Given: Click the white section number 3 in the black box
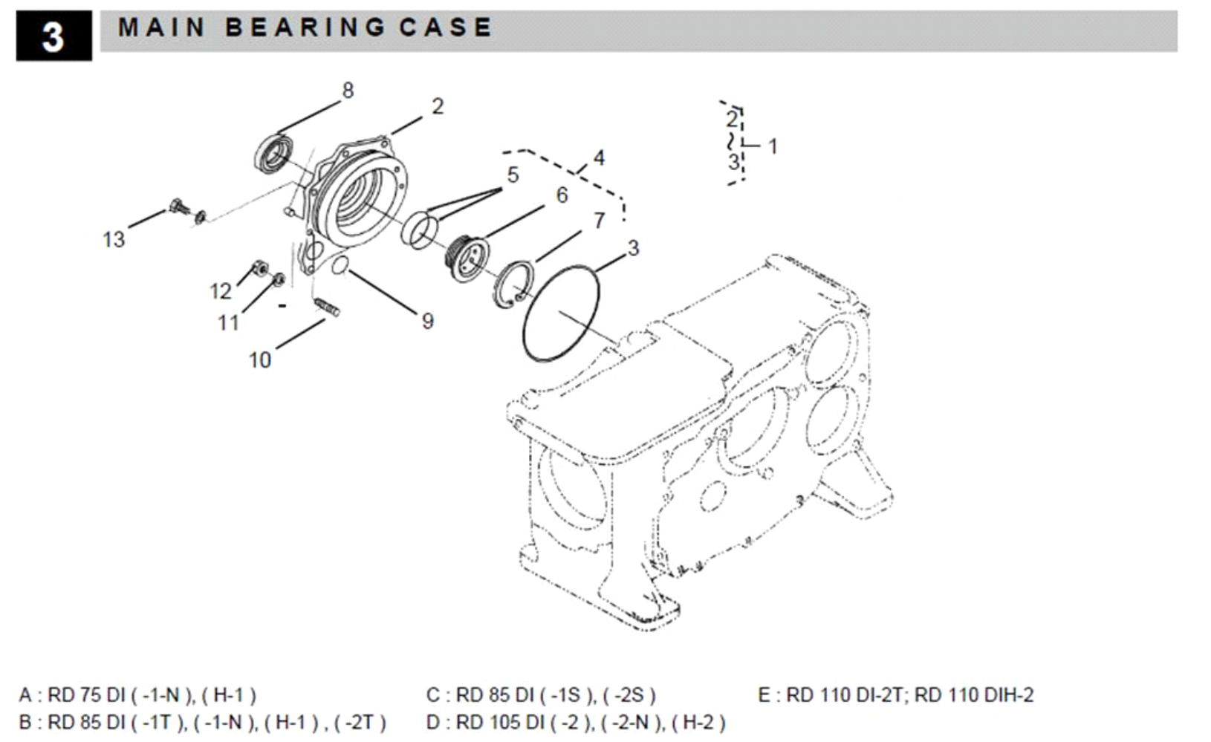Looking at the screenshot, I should click(53, 36).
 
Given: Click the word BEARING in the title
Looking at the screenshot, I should click(305, 27).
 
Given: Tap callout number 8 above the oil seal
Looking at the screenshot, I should click(348, 91).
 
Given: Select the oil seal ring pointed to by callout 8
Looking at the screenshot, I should click(273, 154).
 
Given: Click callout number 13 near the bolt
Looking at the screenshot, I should click(114, 239).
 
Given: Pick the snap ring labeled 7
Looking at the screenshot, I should click(513, 284).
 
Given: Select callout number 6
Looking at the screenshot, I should click(562, 195).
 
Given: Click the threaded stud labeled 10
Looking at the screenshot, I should click(327, 306).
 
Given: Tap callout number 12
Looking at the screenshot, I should click(221, 290).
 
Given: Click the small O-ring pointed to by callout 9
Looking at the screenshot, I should click(340, 265).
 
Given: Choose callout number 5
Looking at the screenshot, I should click(513, 175).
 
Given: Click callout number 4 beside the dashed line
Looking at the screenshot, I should click(599, 157).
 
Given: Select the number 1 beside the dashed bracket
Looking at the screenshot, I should click(773, 146).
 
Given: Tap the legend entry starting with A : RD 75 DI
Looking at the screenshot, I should click(137, 695).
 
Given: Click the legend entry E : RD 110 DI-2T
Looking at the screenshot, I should click(895, 695).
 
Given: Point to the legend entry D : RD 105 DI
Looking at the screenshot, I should click(576, 722).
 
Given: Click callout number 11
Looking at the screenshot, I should click(228, 322).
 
